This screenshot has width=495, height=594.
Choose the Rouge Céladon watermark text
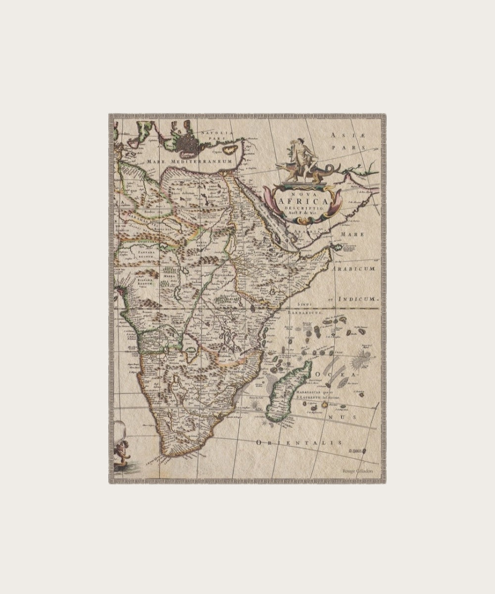(357, 472)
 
